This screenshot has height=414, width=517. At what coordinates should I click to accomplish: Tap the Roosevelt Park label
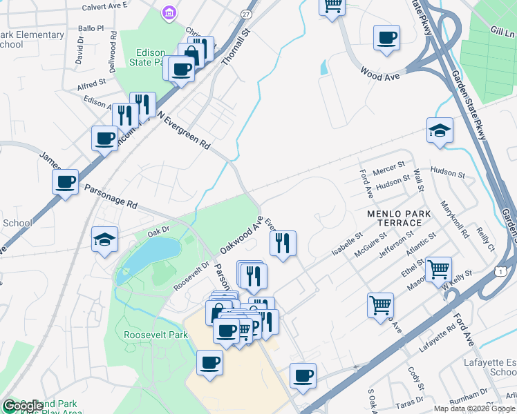(156, 335)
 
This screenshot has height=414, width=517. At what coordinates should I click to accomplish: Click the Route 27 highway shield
(247, 14)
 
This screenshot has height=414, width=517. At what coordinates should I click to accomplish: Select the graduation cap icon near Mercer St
(440, 130)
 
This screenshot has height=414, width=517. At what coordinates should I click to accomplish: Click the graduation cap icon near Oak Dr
(106, 239)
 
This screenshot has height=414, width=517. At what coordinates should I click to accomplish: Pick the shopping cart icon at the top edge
(332, 6)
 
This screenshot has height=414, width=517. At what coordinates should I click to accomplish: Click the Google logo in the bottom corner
(23, 406)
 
